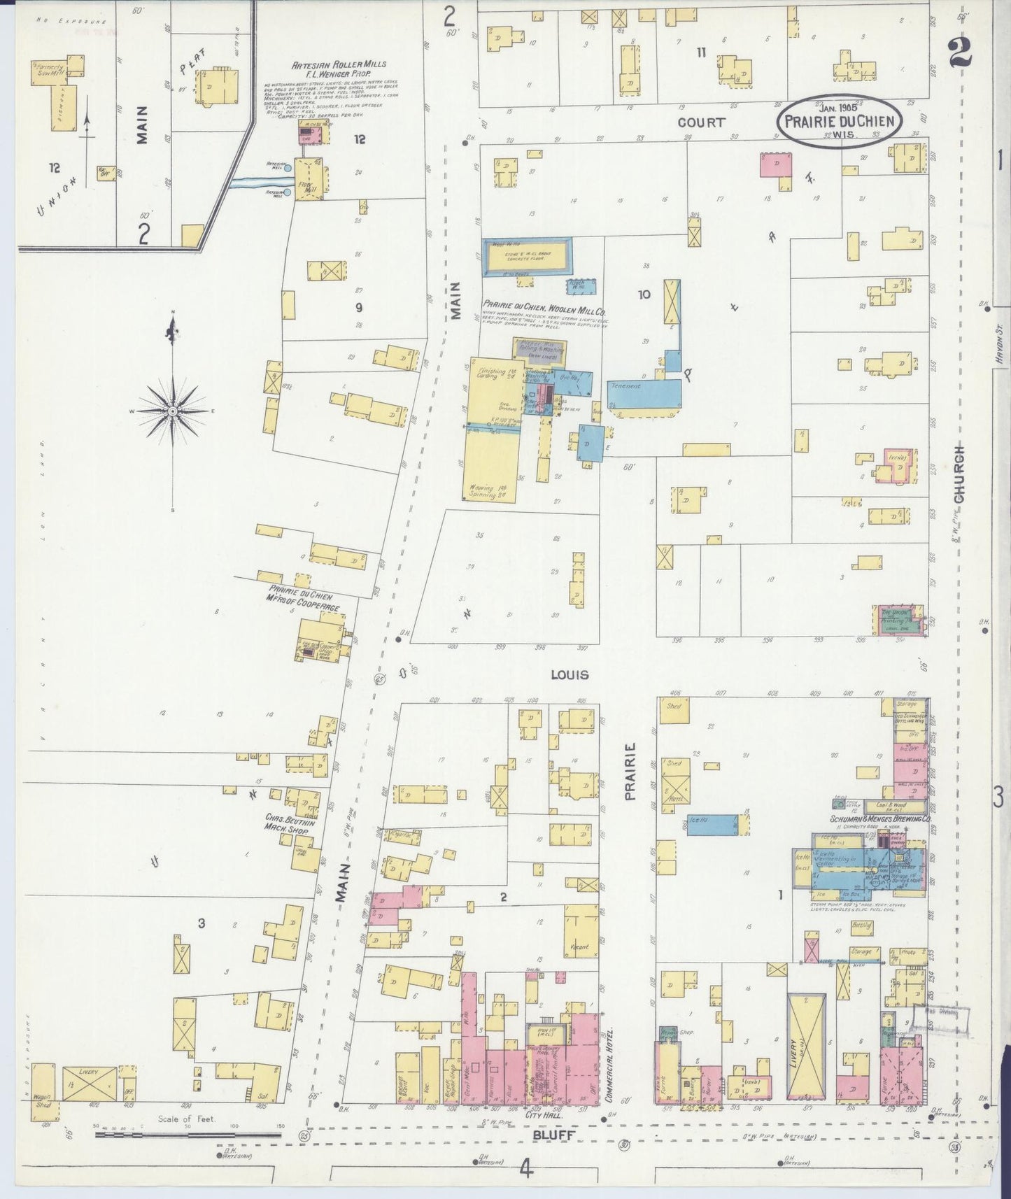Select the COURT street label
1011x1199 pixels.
tap(701, 122)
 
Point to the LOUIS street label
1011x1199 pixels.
tap(570, 675)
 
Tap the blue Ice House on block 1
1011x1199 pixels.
tap(712, 824)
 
